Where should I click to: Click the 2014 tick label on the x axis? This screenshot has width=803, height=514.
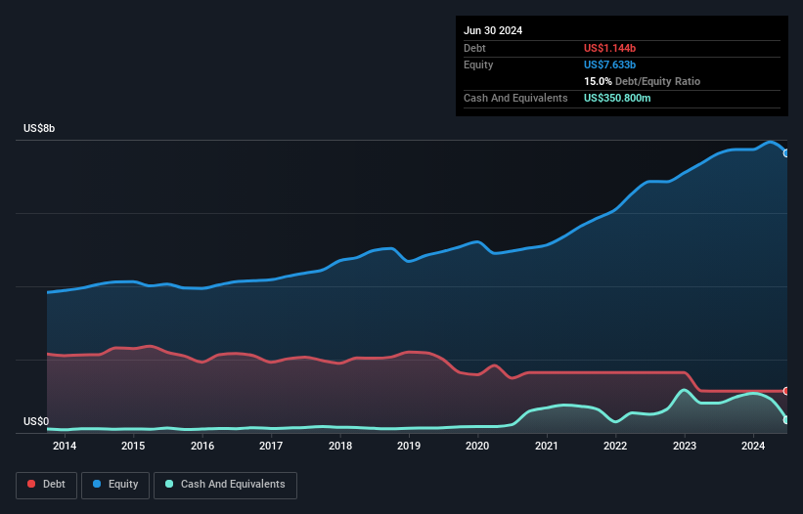65,447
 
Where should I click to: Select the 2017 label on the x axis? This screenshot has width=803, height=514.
271,447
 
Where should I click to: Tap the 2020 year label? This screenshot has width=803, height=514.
477,447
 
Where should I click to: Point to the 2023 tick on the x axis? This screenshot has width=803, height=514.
684,447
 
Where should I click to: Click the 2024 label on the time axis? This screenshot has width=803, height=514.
753,447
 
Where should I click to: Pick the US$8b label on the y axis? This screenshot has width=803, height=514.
40,129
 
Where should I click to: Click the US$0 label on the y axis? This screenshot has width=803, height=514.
36,422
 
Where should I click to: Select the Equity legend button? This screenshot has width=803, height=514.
115,485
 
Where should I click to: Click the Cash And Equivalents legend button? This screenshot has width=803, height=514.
225,485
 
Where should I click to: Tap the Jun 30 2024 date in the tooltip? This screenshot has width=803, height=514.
493,30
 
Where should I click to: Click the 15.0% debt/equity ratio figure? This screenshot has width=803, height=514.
599,81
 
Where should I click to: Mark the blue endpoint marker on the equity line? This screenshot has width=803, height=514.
786,153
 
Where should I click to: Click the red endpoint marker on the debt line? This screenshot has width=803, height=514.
786,391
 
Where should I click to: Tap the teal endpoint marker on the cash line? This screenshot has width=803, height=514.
786,420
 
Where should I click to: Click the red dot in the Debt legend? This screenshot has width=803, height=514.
32,485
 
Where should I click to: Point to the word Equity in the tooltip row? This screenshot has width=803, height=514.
479,64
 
